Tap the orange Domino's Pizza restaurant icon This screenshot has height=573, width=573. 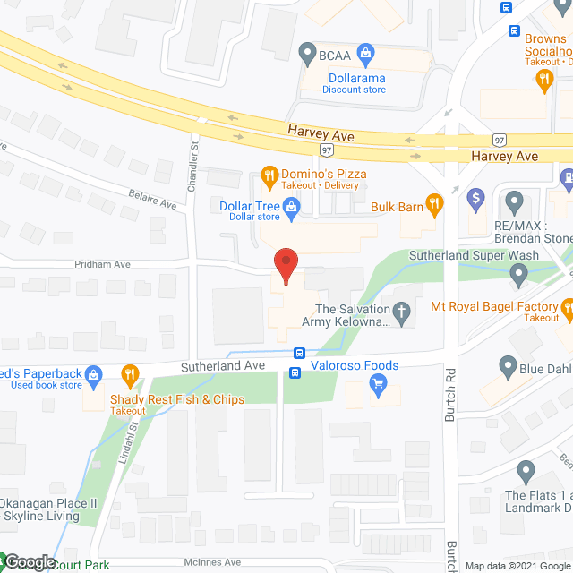pos(267,173)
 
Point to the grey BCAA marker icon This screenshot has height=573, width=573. pos(308,54)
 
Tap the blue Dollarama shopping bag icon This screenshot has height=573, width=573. pos(364,54)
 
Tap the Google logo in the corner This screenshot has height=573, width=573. pos(30,561)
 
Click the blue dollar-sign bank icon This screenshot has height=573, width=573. pos(477,196)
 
